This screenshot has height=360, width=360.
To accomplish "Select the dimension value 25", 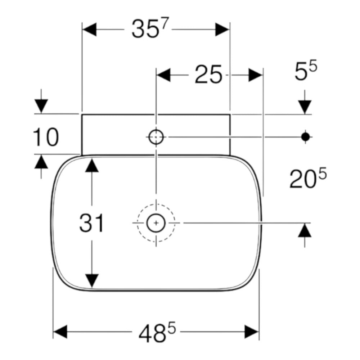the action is tap(208, 75).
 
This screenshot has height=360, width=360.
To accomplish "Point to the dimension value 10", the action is tap(46, 137).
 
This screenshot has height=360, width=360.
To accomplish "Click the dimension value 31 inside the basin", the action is tap(91, 223).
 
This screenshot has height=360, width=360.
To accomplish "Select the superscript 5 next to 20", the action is tap(322, 174).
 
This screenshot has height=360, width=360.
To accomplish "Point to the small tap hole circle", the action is tap(156, 137).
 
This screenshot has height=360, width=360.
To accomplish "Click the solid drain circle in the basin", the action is tap(156, 223).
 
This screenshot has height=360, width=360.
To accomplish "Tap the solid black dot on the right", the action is tap(305, 137).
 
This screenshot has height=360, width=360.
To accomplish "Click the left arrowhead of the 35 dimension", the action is tap(90, 30).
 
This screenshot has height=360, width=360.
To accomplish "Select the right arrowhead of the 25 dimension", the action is tap(255, 75).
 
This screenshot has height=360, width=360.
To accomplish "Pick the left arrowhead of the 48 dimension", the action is tap(60, 332).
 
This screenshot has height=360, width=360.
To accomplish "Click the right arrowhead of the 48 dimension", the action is tap(252, 332).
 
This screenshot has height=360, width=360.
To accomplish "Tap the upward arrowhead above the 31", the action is tap(92, 165).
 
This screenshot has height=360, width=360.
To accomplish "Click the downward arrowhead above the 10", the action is tap(41, 106).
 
